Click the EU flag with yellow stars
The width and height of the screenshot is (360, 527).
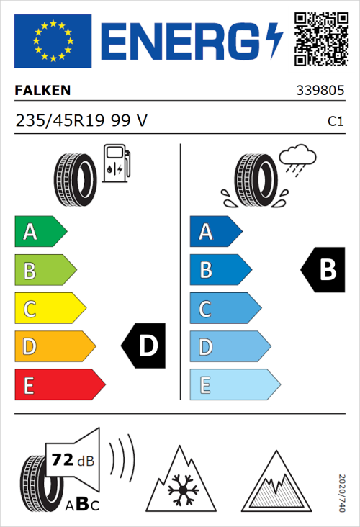click(53, 40)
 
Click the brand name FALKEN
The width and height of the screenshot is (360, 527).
click(42, 91)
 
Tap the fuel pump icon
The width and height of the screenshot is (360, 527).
click(115, 163)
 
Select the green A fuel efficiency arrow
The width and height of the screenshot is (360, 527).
click(40, 232)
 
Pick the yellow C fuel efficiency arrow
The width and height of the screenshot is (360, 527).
click(49, 309)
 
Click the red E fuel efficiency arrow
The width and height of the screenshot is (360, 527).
click(58, 385)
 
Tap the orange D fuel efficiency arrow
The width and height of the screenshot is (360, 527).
click(54, 347)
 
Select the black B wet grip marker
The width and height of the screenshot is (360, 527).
click(323, 270)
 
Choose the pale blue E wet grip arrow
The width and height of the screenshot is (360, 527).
click(233, 385)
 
